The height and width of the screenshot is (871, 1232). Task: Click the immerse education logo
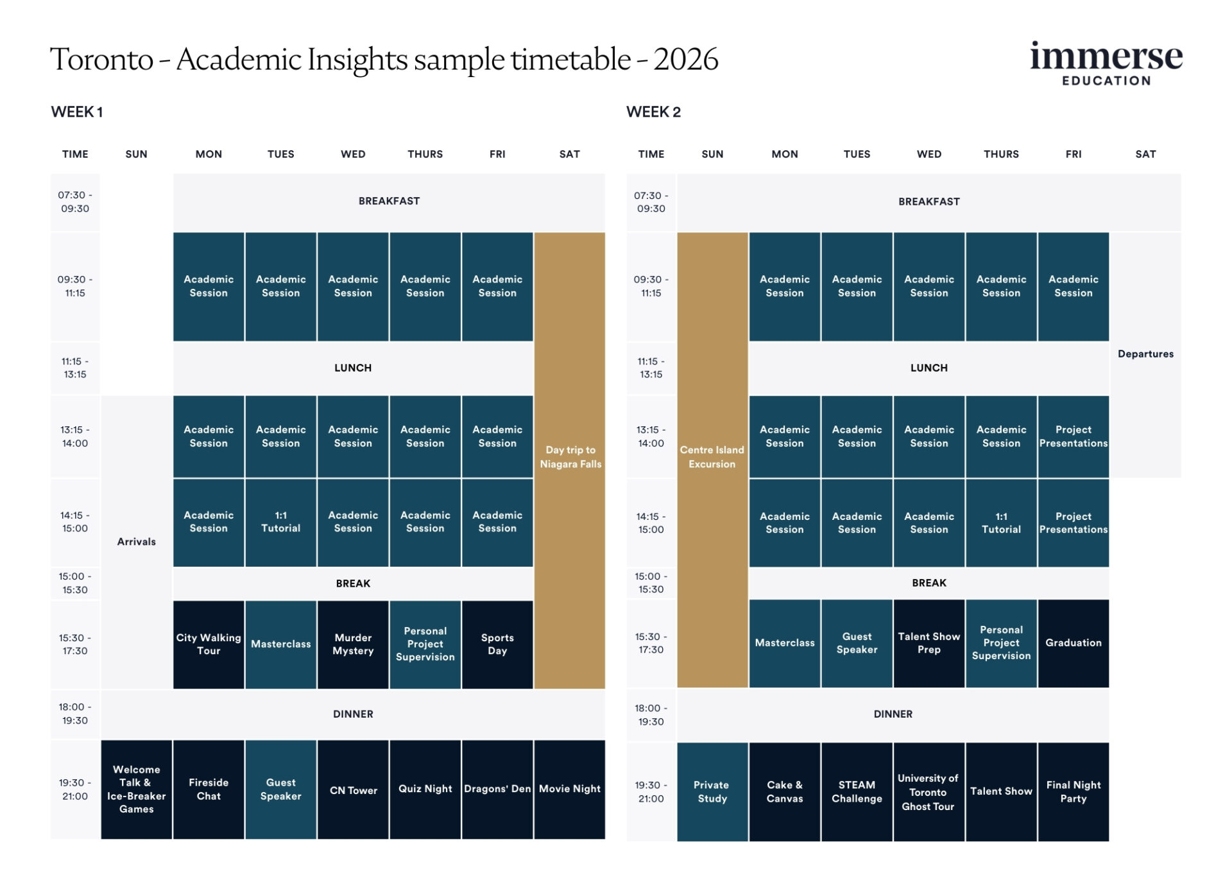(1106, 64)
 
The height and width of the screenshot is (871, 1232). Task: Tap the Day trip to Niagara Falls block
(570, 457)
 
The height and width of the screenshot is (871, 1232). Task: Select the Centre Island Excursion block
(712, 457)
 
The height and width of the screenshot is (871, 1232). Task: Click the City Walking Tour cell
(209, 644)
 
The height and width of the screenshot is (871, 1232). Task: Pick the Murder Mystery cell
(353, 644)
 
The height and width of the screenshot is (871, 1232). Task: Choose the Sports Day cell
(497, 644)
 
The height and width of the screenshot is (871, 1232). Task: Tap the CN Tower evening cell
(353, 789)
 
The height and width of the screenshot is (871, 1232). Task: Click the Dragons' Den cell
(497, 789)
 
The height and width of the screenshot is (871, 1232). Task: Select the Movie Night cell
(570, 789)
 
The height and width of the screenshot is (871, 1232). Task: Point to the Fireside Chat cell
(209, 789)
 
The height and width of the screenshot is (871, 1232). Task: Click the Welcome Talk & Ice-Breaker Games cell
(136, 789)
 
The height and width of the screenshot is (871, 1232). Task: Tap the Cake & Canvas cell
(784, 791)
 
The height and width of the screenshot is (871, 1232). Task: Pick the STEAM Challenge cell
(857, 791)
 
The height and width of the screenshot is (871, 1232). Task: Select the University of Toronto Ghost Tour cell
(928, 791)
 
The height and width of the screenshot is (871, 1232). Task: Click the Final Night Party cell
(1073, 791)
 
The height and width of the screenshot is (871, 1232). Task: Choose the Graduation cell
(1073, 642)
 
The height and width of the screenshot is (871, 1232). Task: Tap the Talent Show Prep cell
(928, 642)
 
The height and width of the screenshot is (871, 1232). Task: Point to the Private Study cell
(712, 791)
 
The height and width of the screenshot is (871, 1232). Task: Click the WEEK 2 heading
(653, 112)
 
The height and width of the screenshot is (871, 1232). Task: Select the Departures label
(1145, 354)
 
